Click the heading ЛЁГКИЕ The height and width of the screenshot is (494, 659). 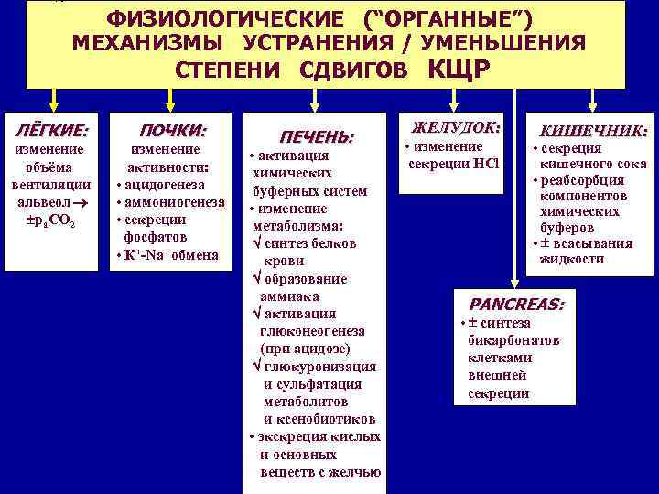pos(54,131)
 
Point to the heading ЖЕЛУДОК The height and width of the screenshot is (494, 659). pos(455,126)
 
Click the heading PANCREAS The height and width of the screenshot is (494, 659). pos(516,303)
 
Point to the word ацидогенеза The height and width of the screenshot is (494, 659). pos(170,185)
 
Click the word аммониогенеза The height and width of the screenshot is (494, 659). pos(176,202)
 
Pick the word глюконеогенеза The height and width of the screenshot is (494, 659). pos(312,331)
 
